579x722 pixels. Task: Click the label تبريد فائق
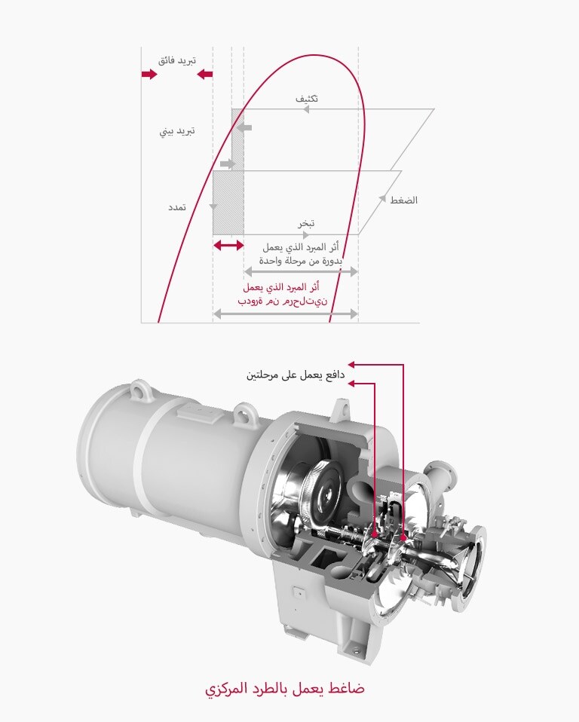176,60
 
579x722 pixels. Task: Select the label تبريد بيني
177,130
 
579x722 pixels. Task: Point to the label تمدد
178,206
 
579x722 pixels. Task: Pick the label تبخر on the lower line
305,223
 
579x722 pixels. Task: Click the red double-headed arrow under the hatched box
228,246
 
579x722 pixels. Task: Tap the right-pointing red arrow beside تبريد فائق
149,75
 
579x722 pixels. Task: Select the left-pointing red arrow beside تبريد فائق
204,75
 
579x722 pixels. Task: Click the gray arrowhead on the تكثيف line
306,109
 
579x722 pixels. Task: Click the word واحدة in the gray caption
266,259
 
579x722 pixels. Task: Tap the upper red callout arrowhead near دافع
351,365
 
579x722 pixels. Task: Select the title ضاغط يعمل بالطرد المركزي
285,689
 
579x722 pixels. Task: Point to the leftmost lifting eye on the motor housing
137,390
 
